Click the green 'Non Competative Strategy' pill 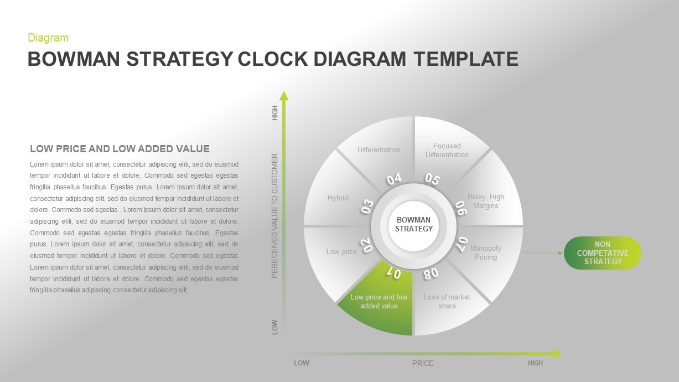pos(602,253)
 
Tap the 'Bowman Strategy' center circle pos(413,224)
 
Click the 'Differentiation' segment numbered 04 pos(379,149)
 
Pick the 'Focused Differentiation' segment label pos(447,150)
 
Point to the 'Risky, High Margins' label pos(485,201)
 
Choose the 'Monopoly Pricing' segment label pos(485,252)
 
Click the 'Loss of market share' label pos(447,301)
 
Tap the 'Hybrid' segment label pos(338,198)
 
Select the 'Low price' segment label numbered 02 pos(341,251)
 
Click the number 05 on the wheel pos(432,179)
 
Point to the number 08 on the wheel pos(431,272)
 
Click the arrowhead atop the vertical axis pos(284,96)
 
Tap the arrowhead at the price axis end pos(557,353)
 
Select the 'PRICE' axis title pos(423,363)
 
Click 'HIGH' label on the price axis pos(535,363)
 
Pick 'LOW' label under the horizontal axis pos(301,363)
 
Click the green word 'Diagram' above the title pos(48,38)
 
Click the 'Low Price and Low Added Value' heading pos(120,148)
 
